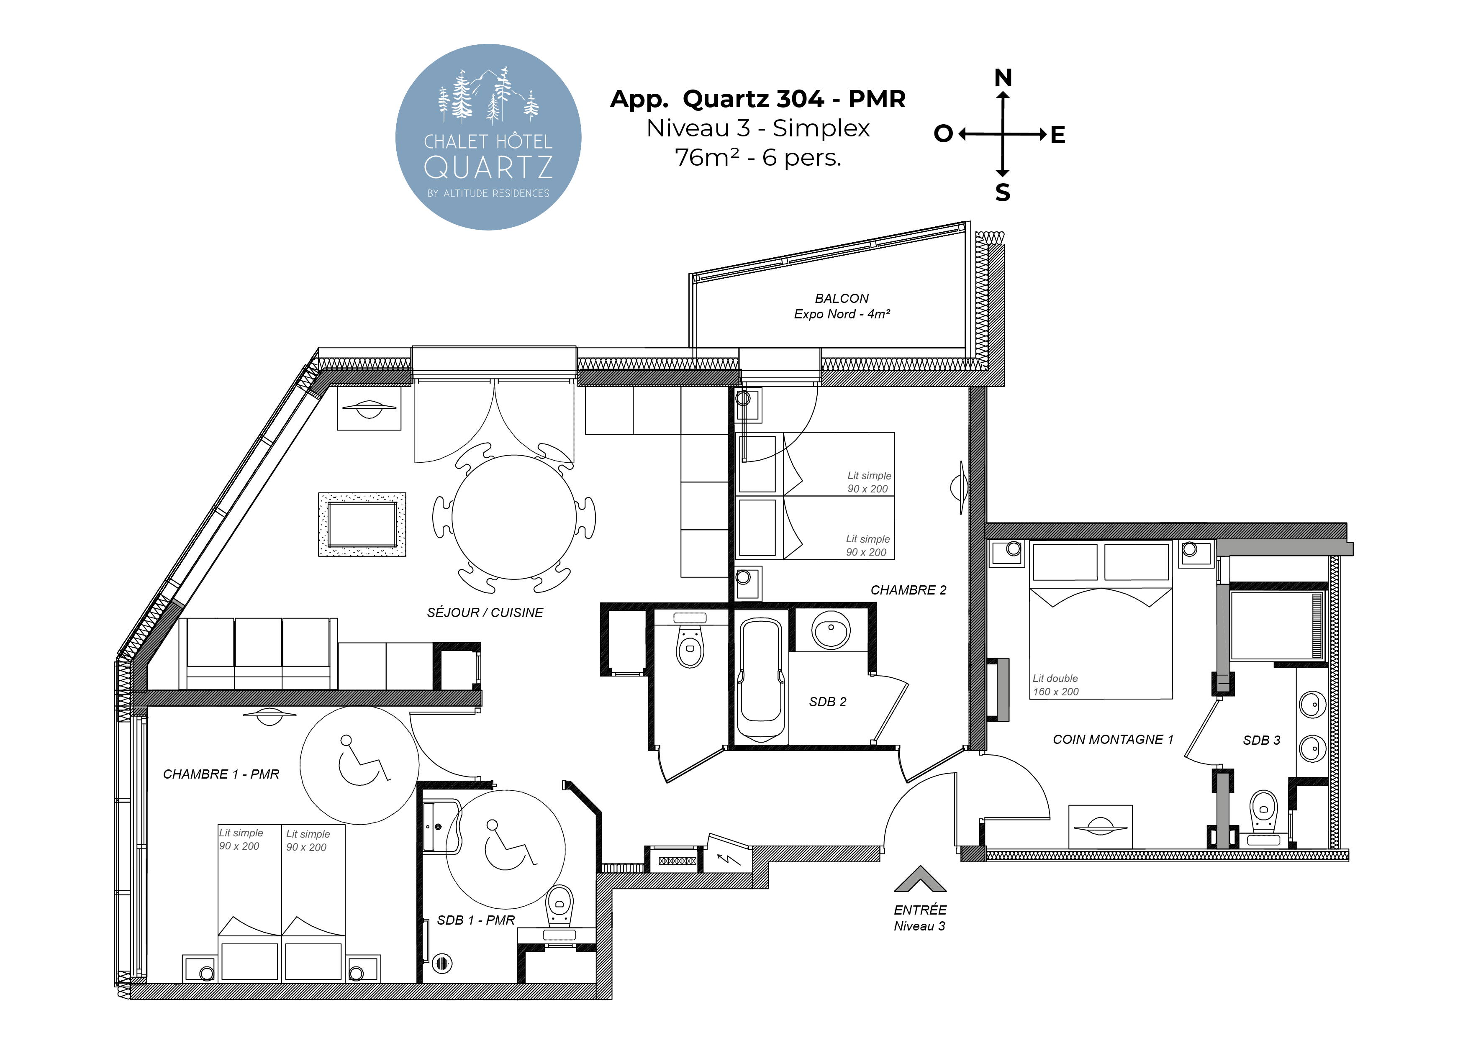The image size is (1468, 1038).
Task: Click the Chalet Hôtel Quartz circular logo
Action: [488, 137]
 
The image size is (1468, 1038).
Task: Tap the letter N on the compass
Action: [1003, 78]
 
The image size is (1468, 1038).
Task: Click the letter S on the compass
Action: [1003, 192]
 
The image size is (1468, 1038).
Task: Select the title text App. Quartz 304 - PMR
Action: [758, 99]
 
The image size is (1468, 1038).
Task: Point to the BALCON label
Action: [842, 298]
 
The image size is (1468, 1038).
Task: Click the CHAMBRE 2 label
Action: [908, 590]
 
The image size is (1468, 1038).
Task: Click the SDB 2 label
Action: [827, 702]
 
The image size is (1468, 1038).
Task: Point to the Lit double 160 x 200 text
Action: [1056, 685]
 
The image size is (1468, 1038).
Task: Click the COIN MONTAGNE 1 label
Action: [1113, 740]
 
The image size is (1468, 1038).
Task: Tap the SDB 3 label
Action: [1261, 740]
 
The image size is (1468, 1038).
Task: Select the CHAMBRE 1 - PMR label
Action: [221, 774]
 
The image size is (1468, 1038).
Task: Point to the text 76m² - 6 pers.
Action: [758, 157]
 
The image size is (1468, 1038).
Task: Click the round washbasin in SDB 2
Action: [831, 630]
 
